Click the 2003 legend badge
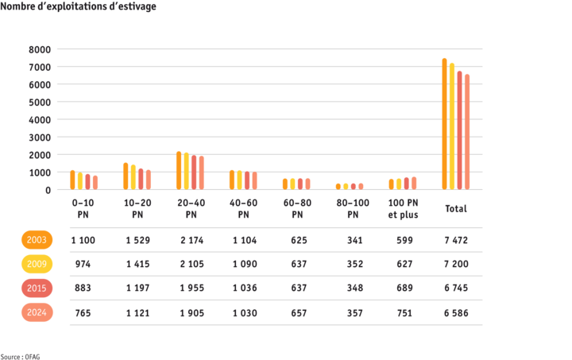pos(37,239)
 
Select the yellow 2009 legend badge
pos(37,264)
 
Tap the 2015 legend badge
pos(37,288)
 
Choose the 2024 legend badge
pos(37,312)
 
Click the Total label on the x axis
pos(456,209)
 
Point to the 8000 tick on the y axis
pos(41,49)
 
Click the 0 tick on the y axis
pos(48,190)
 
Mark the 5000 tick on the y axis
pos(41,102)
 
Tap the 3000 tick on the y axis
pos(41,137)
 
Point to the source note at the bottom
pos(21,356)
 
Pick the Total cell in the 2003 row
pos(456,239)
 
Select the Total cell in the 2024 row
pos(456,312)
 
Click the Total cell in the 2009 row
pos(456,264)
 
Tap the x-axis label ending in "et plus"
pos(403,209)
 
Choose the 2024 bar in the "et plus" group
pos(414,183)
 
